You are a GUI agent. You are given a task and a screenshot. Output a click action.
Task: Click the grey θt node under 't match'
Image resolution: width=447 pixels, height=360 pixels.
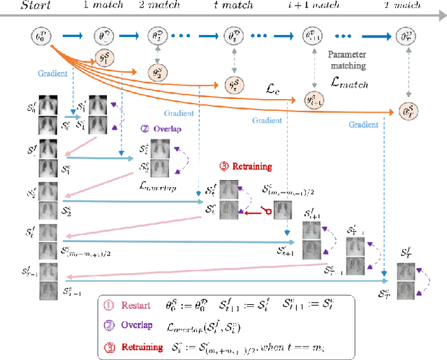(x=231, y=33)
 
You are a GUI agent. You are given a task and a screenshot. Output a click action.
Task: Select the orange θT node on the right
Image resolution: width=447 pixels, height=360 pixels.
(x=404, y=110)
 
